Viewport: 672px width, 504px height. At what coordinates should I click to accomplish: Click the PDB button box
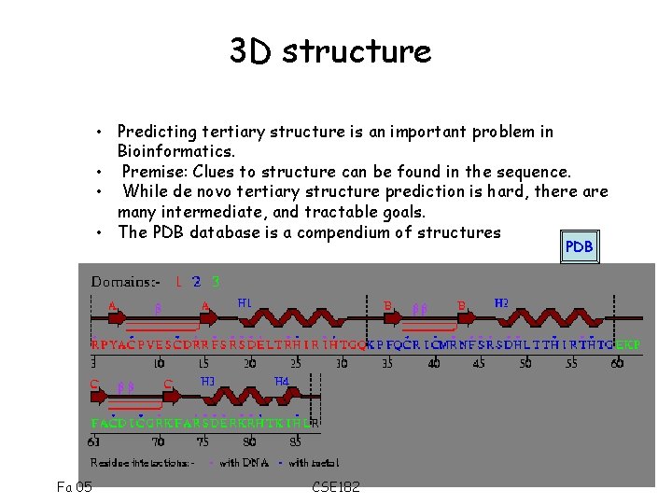click(x=579, y=247)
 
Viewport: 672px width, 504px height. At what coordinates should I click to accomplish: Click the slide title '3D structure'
click(x=330, y=51)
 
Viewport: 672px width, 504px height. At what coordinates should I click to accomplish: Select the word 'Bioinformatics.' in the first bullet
click(x=175, y=151)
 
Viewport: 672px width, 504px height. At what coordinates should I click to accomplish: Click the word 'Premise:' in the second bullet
click(x=155, y=172)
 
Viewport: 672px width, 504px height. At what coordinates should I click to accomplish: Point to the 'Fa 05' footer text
click(x=74, y=486)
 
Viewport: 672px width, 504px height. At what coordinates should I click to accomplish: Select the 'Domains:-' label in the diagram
click(x=125, y=281)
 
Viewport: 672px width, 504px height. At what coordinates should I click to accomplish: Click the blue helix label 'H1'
click(x=245, y=302)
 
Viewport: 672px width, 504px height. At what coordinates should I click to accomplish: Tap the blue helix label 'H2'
click(x=501, y=302)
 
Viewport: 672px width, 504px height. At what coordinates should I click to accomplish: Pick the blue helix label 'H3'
click(x=208, y=381)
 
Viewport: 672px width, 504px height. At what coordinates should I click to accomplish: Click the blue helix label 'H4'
click(x=281, y=381)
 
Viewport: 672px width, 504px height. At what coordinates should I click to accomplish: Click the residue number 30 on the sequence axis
click(x=342, y=363)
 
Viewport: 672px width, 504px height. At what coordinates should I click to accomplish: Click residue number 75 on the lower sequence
click(x=203, y=441)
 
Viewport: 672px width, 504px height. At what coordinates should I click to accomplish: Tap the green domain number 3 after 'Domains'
click(x=216, y=281)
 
